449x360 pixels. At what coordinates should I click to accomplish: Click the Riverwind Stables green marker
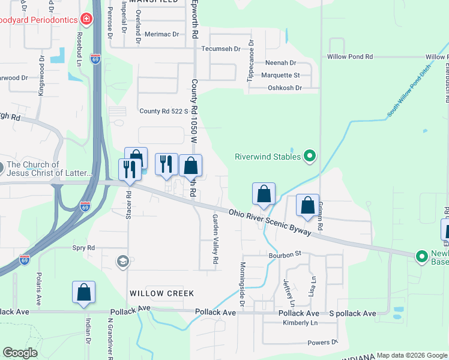(x=310, y=157)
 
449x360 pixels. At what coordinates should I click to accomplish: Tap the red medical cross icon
(x=87, y=20)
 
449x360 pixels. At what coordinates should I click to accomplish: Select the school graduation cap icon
(x=122, y=260)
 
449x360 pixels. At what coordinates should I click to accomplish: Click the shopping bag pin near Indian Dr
(x=84, y=292)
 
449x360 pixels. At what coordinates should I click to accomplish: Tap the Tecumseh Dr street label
(x=221, y=49)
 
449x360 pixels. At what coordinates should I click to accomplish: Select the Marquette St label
(x=280, y=75)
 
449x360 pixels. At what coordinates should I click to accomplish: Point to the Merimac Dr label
(x=162, y=34)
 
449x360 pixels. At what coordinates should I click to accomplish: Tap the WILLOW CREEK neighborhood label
(x=162, y=293)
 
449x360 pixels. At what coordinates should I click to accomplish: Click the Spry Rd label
(x=83, y=247)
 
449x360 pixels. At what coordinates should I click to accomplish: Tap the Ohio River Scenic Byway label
(x=270, y=222)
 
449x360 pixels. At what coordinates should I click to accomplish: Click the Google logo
(x=20, y=353)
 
